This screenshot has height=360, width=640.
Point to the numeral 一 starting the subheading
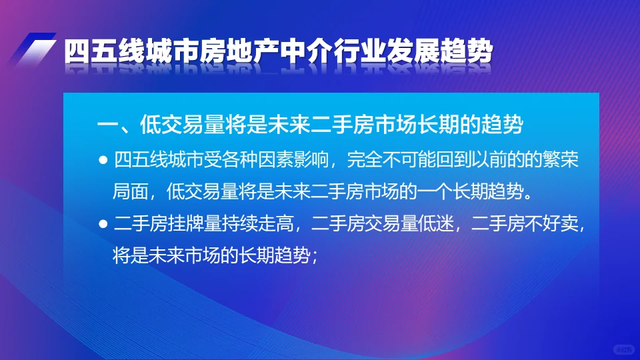coord(107,125)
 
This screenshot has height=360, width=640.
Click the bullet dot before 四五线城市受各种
coord(103,161)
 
